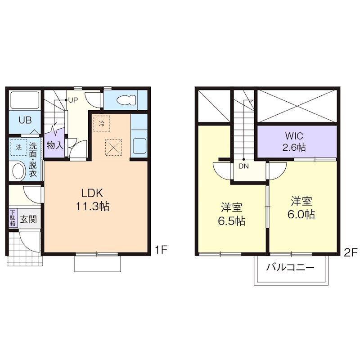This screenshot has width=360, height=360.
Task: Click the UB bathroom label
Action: pos(25,120)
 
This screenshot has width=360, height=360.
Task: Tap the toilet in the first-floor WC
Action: pos(126,100)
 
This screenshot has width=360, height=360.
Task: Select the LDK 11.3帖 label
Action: pos(92,200)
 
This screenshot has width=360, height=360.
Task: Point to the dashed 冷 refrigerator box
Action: pos(102,124)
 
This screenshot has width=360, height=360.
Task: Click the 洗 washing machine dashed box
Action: pos(19,148)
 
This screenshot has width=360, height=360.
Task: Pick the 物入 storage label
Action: pos(55,145)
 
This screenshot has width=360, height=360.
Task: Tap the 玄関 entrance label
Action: pos(28,219)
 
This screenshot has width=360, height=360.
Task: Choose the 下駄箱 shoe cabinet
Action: pos(13,218)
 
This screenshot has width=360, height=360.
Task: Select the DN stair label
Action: pos(243,166)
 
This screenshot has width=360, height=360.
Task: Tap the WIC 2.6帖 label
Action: pos(294,142)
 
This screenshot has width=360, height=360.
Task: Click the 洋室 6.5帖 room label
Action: pos(231,214)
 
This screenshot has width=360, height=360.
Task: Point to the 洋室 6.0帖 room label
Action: pos(301,207)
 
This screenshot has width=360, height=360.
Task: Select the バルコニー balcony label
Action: pos(290,267)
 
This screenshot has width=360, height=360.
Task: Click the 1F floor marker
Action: pos(161,250)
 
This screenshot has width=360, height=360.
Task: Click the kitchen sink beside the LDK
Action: pos(139,146)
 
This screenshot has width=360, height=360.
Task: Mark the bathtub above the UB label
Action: pos(25,100)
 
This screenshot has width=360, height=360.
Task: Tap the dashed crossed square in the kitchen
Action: pos(113,148)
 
